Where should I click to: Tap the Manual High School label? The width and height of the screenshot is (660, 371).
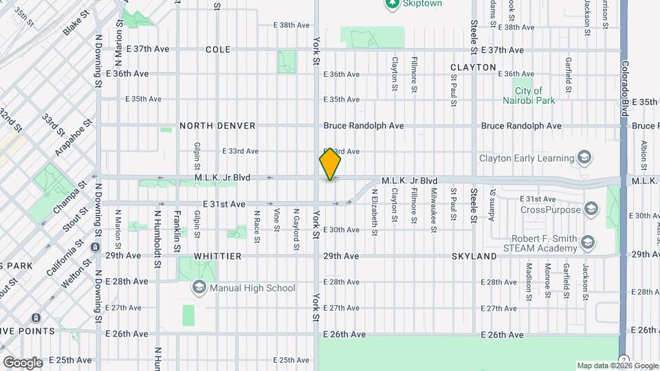[x=253, y=289]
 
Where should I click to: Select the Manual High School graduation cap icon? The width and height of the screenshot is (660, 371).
[x=199, y=287]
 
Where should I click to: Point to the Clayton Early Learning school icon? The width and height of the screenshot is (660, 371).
[x=584, y=158]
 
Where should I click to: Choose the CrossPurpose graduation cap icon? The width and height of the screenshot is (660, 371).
[x=591, y=209]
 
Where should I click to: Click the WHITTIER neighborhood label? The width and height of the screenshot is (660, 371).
[x=217, y=256]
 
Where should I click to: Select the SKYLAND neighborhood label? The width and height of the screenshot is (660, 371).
[x=474, y=256]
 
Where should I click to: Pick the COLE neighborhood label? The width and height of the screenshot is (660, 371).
[x=217, y=50]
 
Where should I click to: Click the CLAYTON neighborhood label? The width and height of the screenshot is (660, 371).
[x=473, y=67]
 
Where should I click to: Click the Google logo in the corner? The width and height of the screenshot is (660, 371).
[x=23, y=362]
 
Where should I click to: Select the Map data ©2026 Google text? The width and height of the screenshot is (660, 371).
[x=617, y=366]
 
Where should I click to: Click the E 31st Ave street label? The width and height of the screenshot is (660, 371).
[x=224, y=204]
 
